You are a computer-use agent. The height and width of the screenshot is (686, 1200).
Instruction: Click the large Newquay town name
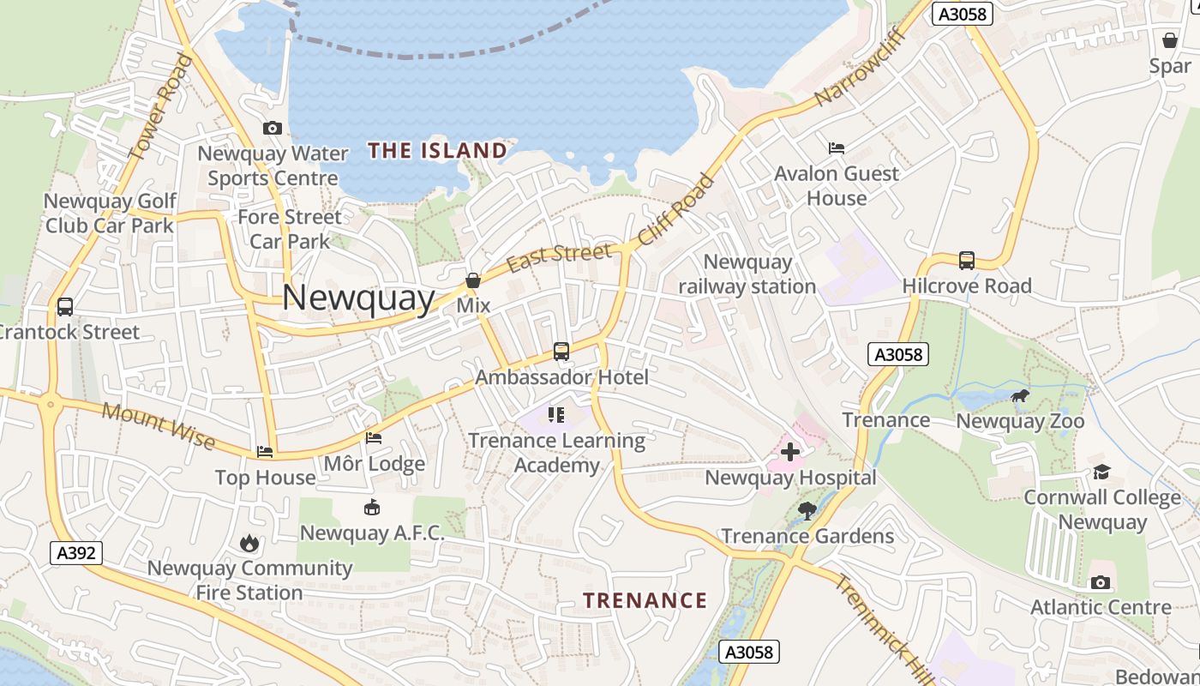click(358, 298)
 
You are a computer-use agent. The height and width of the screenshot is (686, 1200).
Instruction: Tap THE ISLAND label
click(437, 151)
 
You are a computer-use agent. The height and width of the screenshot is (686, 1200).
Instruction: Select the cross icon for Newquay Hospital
click(790, 452)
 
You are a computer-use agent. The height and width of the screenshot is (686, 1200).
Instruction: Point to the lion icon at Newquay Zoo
click(1019, 396)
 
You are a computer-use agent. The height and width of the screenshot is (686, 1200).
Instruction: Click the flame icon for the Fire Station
click(249, 543)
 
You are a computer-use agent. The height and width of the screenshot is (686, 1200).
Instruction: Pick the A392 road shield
click(75, 553)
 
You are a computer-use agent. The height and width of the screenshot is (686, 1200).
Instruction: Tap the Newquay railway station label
click(747, 274)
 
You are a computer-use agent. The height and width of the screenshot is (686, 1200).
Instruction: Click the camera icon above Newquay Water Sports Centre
click(273, 129)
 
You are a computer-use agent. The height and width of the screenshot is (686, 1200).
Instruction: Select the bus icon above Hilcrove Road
click(967, 261)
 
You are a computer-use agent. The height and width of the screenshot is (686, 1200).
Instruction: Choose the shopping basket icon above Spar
click(1170, 40)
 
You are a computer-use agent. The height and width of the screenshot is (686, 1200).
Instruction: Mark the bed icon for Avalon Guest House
click(837, 148)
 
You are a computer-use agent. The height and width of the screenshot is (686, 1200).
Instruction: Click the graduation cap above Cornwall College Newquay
click(1101, 472)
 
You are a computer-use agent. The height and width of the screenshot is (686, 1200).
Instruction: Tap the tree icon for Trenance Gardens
click(807, 511)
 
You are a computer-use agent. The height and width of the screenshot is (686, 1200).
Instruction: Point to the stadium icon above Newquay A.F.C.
click(372, 508)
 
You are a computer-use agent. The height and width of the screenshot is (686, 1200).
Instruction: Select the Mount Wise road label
click(158, 424)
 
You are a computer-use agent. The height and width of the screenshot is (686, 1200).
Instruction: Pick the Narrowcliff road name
click(848, 75)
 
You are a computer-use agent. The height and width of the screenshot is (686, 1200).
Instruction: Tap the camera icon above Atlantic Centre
click(1101, 583)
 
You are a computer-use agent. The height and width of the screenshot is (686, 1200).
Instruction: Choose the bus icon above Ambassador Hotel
click(561, 352)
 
